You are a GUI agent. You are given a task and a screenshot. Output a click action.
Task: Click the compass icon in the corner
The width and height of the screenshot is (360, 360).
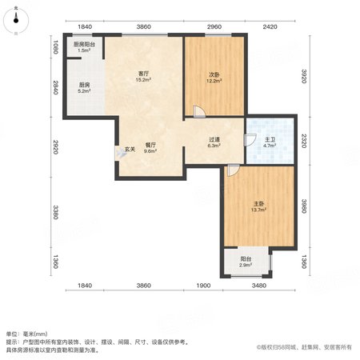pos(16,21)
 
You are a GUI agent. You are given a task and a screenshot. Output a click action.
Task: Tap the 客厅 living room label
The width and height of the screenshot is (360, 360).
pos(143,74)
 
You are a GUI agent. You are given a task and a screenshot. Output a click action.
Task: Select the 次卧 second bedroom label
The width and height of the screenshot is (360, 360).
pos(214,75)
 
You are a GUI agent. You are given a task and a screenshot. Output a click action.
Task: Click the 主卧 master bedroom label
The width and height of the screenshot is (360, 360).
pos(258,204)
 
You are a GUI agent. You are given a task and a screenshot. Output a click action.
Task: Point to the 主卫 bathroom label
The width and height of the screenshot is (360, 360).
pos(270,140)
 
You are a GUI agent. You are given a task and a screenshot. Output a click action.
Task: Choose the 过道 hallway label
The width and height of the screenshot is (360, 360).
pos(214,139)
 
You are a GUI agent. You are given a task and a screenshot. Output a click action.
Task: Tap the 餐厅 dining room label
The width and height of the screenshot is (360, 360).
pos(150,146)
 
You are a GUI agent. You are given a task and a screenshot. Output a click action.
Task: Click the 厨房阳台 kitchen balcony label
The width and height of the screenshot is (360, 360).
pos(84,45)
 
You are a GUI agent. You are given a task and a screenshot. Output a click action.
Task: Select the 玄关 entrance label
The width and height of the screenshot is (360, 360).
pos(130,150)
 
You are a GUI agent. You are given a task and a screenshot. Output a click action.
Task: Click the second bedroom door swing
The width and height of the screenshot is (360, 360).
pos(199,112)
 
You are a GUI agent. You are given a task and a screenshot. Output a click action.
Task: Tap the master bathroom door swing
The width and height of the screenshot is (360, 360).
pos(250,140)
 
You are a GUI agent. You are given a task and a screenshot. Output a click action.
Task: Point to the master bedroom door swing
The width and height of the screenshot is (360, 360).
pos(234,170)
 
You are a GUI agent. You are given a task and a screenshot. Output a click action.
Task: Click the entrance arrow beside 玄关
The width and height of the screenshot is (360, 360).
pos(121,153)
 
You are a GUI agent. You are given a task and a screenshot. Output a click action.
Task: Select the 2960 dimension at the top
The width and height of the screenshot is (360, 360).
pos(214,26)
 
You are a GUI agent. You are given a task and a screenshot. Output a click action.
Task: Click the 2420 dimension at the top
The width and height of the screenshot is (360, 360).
pos(270,26)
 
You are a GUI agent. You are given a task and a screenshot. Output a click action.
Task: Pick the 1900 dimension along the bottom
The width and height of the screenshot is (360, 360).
pos(203,286)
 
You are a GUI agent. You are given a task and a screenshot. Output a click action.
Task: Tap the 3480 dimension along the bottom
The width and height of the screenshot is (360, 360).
pos(259,286)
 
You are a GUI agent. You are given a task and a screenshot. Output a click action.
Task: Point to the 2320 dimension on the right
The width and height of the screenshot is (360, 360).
pos(304,141)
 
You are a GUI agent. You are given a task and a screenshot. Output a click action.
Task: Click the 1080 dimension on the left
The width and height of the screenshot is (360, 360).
pos(55,47)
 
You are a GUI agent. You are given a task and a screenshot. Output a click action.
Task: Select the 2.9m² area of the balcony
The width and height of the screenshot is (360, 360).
pos(246,265)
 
